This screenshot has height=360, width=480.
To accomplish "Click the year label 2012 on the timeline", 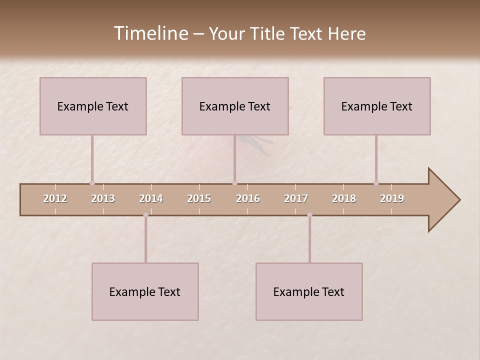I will [55, 198].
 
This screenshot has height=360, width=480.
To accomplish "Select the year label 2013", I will [103, 198].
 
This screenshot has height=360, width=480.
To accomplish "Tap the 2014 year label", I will [151, 198].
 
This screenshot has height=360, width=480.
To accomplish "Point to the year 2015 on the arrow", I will [199, 198].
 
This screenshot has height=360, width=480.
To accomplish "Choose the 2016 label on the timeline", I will [248, 198].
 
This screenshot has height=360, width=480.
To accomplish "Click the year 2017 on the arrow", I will [296, 198].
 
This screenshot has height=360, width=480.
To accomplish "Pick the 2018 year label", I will [344, 198].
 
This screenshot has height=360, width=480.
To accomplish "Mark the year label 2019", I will [392, 198].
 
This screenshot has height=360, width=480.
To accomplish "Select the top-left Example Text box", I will [93, 106].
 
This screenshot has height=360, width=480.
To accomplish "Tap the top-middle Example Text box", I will [235, 106].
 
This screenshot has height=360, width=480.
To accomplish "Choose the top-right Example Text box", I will [377, 106].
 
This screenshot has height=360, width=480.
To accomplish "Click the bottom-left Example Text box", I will [145, 291].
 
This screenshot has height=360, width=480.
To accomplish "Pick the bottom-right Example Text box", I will [309, 291].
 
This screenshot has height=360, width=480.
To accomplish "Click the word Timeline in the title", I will [150, 33].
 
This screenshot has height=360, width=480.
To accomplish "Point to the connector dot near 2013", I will [92, 183].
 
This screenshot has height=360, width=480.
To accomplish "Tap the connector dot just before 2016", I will [234, 183].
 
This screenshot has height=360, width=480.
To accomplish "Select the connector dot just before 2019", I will [376, 183].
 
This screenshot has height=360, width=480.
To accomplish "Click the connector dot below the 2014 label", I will [145, 215].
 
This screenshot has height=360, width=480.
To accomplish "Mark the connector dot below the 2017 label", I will [309, 215].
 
